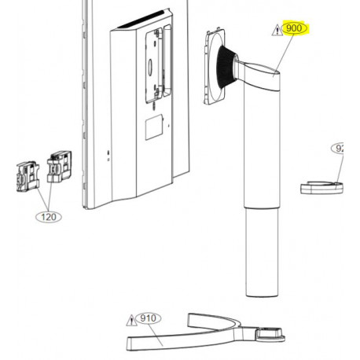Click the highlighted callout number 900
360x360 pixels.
pyautogui.click(x=296, y=29)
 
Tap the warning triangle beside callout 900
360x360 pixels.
pyautogui.click(x=275, y=30)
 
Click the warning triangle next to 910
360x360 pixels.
pyautogui.click(x=131, y=320)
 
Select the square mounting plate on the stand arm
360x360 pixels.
pyautogui.click(x=210, y=65)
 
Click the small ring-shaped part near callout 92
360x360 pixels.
pyautogui.click(x=323, y=186)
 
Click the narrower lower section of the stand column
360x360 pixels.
pyautogui.click(x=263, y=252)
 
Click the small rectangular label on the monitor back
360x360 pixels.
pyautogui.click(x=154, y=123)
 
